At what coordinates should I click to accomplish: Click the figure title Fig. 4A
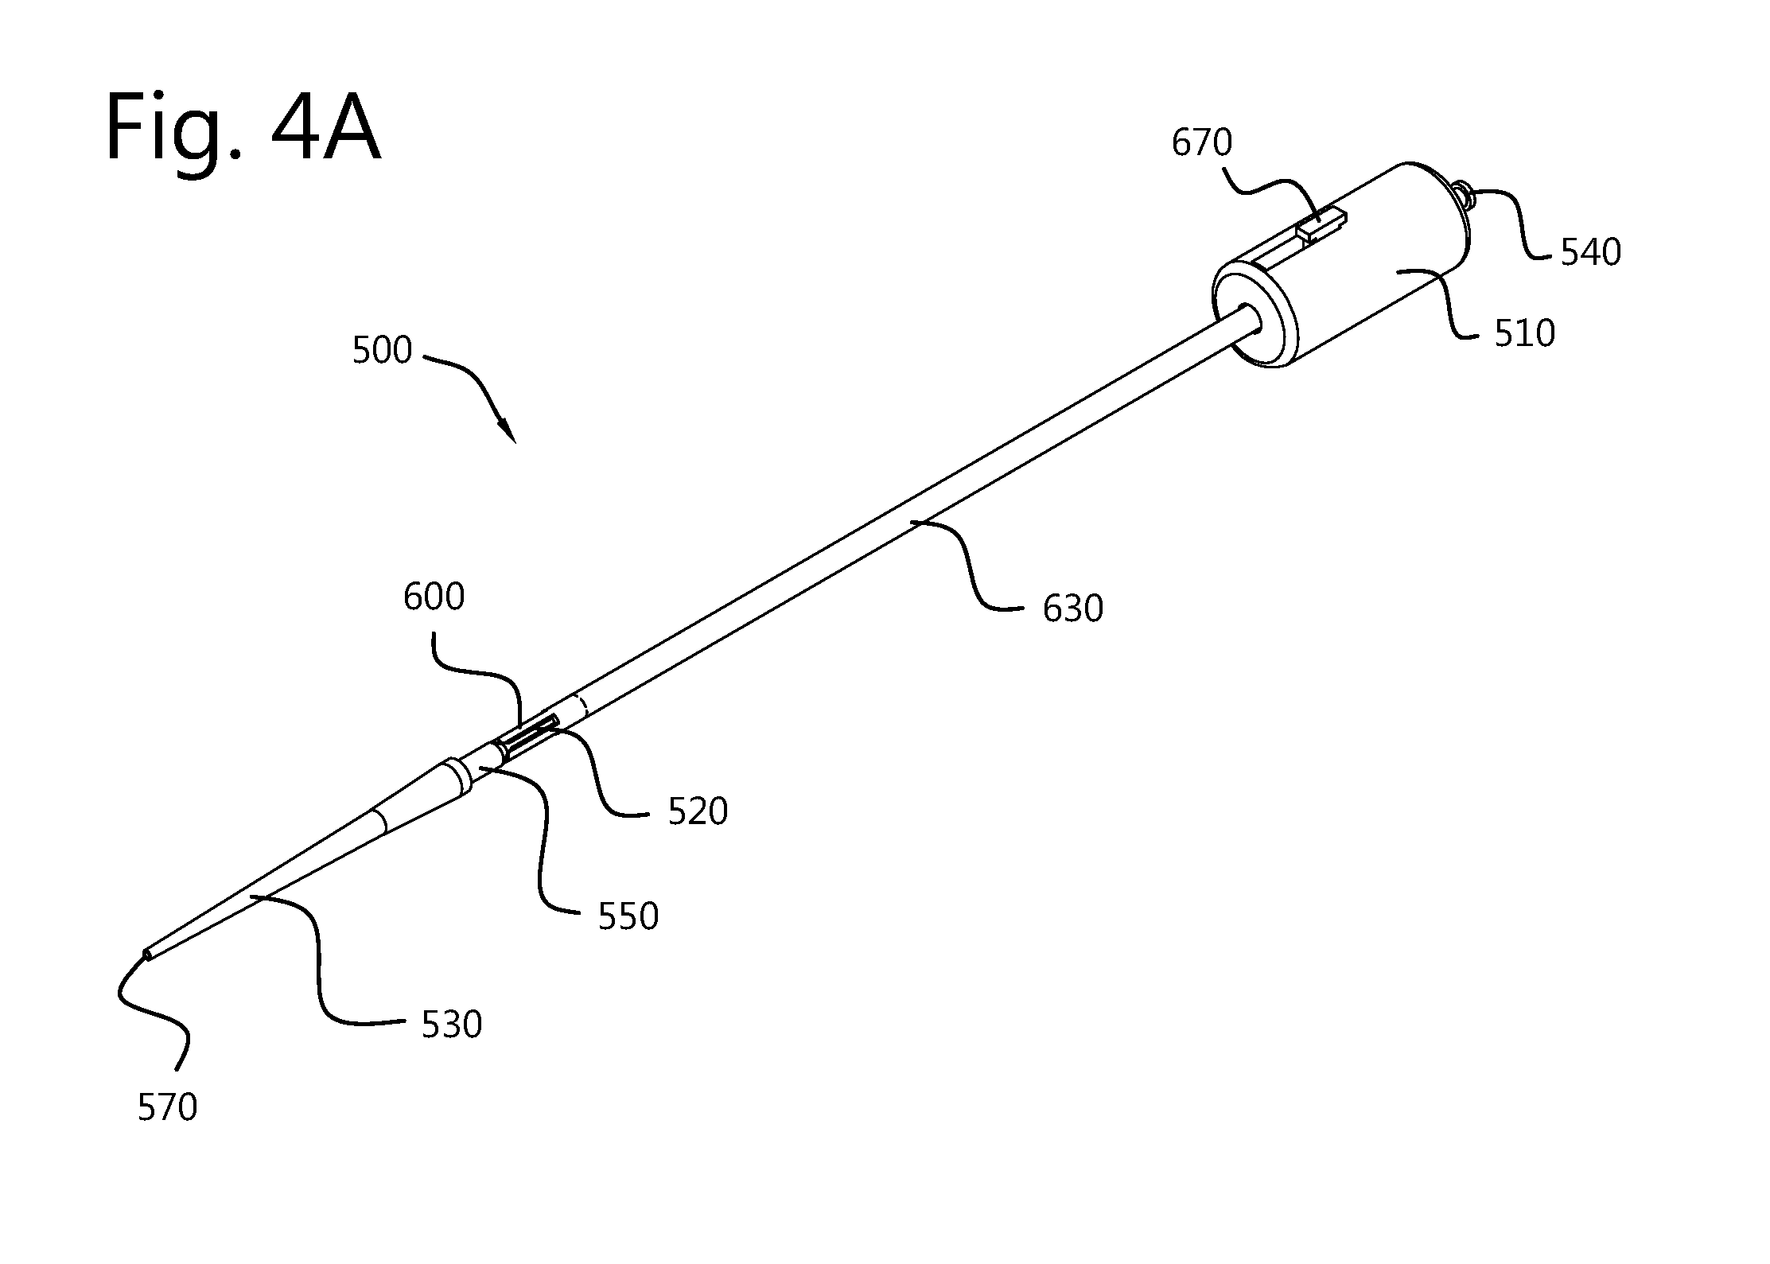tap(243, 128)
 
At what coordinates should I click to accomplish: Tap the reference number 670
tap(1202, 143)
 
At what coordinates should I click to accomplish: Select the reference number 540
tap(1590, 252)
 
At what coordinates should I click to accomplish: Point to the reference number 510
tap(1524, 333)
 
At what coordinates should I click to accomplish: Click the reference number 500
tap(382, 350)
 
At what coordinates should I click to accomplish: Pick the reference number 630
tap(1073, 609)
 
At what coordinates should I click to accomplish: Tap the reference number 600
tap(434, 597)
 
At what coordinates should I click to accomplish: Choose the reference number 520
tap(698, 812)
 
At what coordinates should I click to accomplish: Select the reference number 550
tap(628, 917)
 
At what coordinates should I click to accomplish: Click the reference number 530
tap(452, 1025)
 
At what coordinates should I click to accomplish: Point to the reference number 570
tap(167, 1107)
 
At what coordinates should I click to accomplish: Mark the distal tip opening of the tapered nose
tap(146, 954)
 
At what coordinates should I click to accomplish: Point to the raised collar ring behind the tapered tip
tap(457, 776)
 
